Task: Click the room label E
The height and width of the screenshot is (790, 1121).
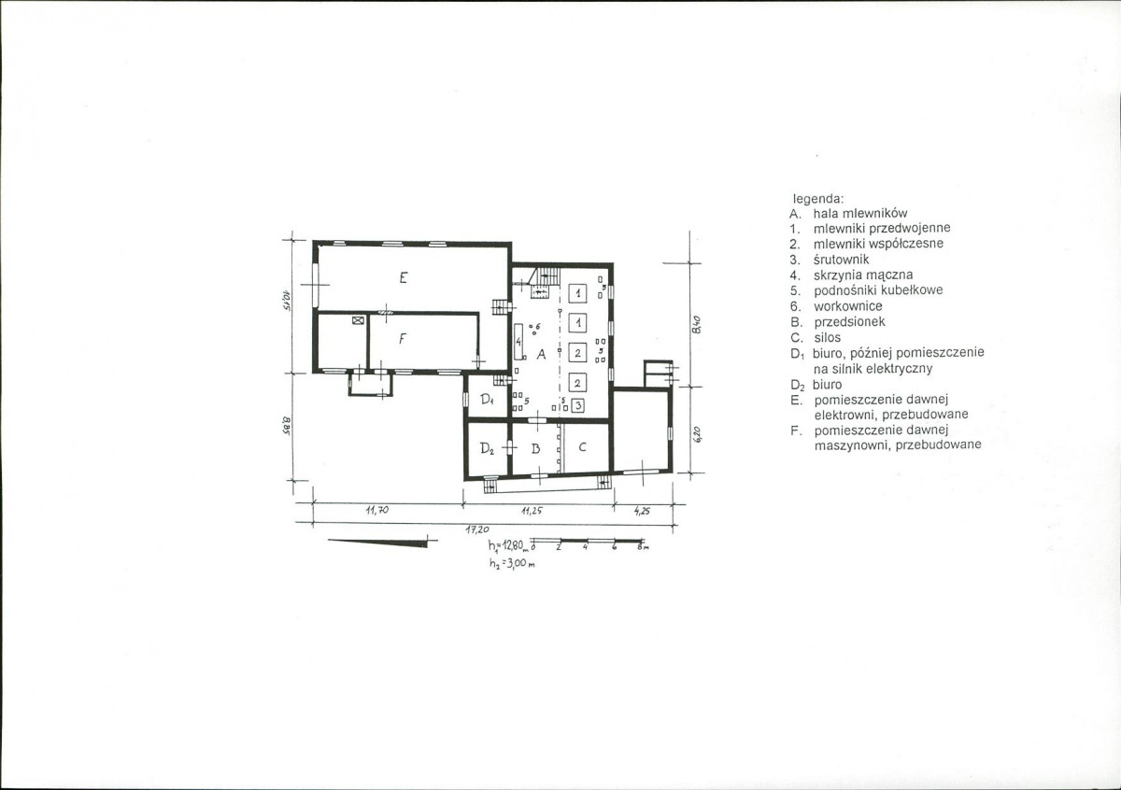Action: (x=404, y=277)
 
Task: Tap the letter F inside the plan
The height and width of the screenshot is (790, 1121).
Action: (x=402, y=339)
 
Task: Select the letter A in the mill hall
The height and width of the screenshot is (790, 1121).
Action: (x=541, y=354)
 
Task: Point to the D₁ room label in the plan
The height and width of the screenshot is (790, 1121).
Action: (x=488, y=400)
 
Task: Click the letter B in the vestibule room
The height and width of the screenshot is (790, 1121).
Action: (x=536, y=448)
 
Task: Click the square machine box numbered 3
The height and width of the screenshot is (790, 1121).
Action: (x=578, y=404)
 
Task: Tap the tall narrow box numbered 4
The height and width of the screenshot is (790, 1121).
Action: (x=519, y=342)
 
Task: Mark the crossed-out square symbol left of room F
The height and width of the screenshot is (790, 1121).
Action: (x=357, y=320)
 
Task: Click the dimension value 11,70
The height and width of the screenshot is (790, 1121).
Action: (x=377, y=510)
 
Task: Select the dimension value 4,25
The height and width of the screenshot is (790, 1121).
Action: (x=642, y=512)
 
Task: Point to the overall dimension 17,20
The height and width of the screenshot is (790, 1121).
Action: (x=477, y=529)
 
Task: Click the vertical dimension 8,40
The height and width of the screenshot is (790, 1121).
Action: (x=696, y=326)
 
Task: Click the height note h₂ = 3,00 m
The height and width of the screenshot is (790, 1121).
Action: (x=513, y=563)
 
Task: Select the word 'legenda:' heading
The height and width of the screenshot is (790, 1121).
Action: (x=818, y=199)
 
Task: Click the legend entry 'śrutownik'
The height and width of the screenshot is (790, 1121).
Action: (x=842, y=260)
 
